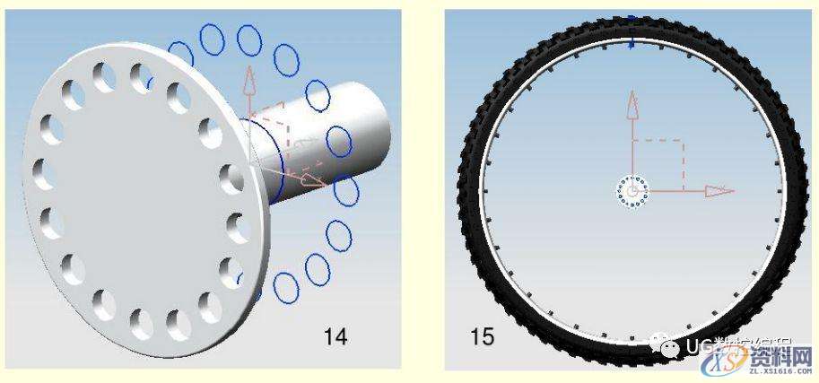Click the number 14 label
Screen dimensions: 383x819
[335, 337]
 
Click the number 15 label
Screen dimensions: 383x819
[483, 337]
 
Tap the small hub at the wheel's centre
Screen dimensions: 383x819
[632, 191]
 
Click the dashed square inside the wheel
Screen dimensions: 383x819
[658, 165]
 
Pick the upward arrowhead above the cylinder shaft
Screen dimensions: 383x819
[248, 80]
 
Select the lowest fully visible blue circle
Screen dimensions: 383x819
[285, 287]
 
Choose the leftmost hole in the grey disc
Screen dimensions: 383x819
[39, 170]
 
